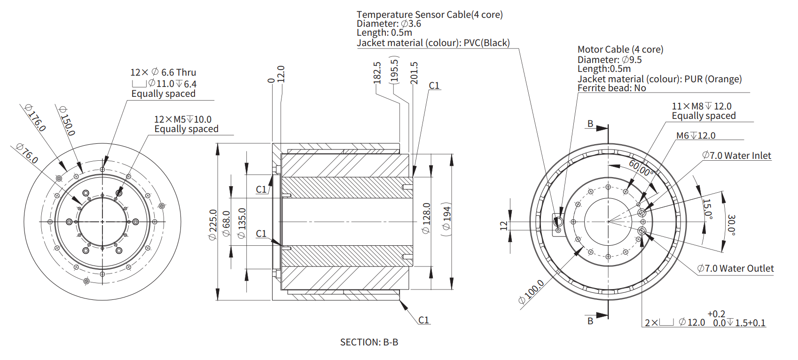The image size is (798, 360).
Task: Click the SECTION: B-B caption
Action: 369,342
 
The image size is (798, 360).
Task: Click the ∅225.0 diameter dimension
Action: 213,225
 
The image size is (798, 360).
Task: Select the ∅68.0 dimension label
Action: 227,223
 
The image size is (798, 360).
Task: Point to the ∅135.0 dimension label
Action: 242,223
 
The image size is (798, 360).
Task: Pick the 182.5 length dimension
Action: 377,72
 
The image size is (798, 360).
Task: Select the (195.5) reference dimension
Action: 394,70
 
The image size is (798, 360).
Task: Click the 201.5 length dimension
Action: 414,73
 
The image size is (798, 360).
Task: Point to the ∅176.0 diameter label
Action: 35,117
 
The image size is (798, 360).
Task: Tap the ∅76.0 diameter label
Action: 27,153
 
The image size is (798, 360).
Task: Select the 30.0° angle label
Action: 731,225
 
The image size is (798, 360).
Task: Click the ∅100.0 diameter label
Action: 531,292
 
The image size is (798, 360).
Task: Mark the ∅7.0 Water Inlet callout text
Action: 736,156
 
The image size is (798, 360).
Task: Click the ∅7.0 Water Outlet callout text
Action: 735,268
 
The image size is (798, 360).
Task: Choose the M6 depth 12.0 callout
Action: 696,135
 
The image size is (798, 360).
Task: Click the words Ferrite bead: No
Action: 611,88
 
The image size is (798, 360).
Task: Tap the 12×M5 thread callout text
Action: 183,119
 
